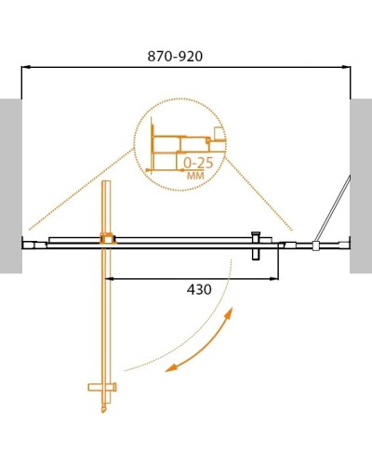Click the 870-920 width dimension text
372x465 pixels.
tap(176, 56)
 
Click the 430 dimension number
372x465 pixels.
tap(199, 289)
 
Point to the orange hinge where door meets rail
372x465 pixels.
tap(106, 239)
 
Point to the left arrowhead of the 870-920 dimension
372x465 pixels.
tap(25, 67)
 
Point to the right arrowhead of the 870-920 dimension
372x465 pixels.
tap(347, 67)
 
